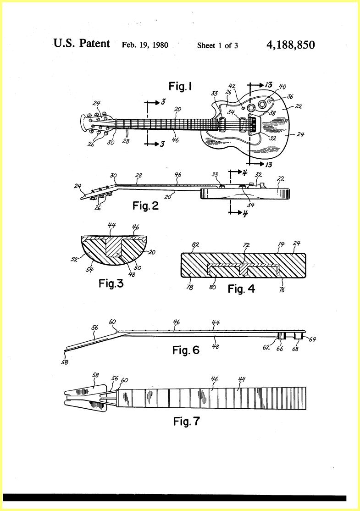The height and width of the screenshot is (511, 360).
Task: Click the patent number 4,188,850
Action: (x=291, y=45)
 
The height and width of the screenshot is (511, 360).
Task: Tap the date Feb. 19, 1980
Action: (x=145, y=45)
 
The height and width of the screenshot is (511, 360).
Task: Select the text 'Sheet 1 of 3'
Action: (x=217, y=45)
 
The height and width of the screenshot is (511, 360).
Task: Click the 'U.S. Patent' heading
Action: (x=82, y=43)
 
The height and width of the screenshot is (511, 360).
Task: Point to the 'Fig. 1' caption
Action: (x=180, y=86)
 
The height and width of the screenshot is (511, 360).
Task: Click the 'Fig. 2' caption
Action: (x=146, y=206)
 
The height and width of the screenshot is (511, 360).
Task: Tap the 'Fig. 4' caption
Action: (x=241, y=289)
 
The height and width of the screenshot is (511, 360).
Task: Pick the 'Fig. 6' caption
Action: (x=186, y=350)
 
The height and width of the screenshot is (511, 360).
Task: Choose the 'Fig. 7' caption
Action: (x=186, y=421)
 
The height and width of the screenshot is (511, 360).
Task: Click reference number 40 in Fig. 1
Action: (x=282, y=87)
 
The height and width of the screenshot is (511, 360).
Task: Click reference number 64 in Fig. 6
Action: (x=312, y=339)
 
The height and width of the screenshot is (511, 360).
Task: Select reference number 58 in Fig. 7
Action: (x=96, y=375)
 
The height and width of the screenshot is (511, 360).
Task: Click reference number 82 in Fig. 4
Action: (x=195, y=245)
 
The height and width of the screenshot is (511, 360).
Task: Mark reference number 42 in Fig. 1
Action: (x=232, y=86)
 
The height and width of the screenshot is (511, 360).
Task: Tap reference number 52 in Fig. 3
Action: (x=74, y=259)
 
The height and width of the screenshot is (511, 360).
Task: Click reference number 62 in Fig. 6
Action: (x=266, y=347)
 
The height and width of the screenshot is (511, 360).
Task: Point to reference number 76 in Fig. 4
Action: (x=282, y=290)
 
